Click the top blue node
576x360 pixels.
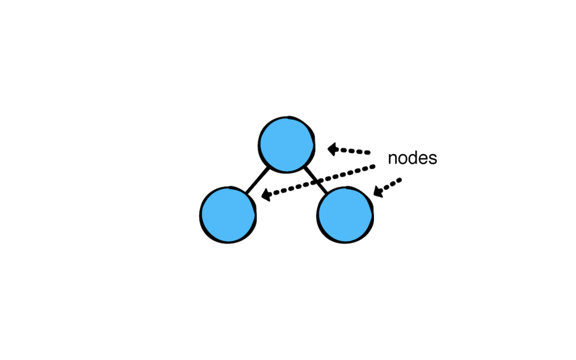pyautogui.click(x=286, y=145)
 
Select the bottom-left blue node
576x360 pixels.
pyautogui.click(x=228, y=215)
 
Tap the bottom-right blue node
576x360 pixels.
pyautogui.click(x=345, y=215)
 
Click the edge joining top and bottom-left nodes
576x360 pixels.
pyautogui.click(x=257, y=180)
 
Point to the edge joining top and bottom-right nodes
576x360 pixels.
pyautogui.click(x=315, y=180)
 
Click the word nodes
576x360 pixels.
pyautogui.click(x=412, y=158)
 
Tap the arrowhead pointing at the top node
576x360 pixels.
pyautogui.click(x=333, y=149)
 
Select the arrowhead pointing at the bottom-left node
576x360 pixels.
pyautogui.click(x=267, y=195)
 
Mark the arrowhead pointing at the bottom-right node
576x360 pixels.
pyautogui.click(x=379, y=191)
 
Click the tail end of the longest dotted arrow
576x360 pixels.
pyautogui.click(x=373, y=167)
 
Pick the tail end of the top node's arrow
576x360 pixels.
pyautogui.click(x=368, y=152)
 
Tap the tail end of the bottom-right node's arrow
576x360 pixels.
pyautogui.click(x=400, y=179)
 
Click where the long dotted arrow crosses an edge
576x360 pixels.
pyautogui.click(x=316, y=182)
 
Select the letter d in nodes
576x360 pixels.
pyautogui.click(x=412, y=158)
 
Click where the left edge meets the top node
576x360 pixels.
pyautogui.click(x=269, y=168)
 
